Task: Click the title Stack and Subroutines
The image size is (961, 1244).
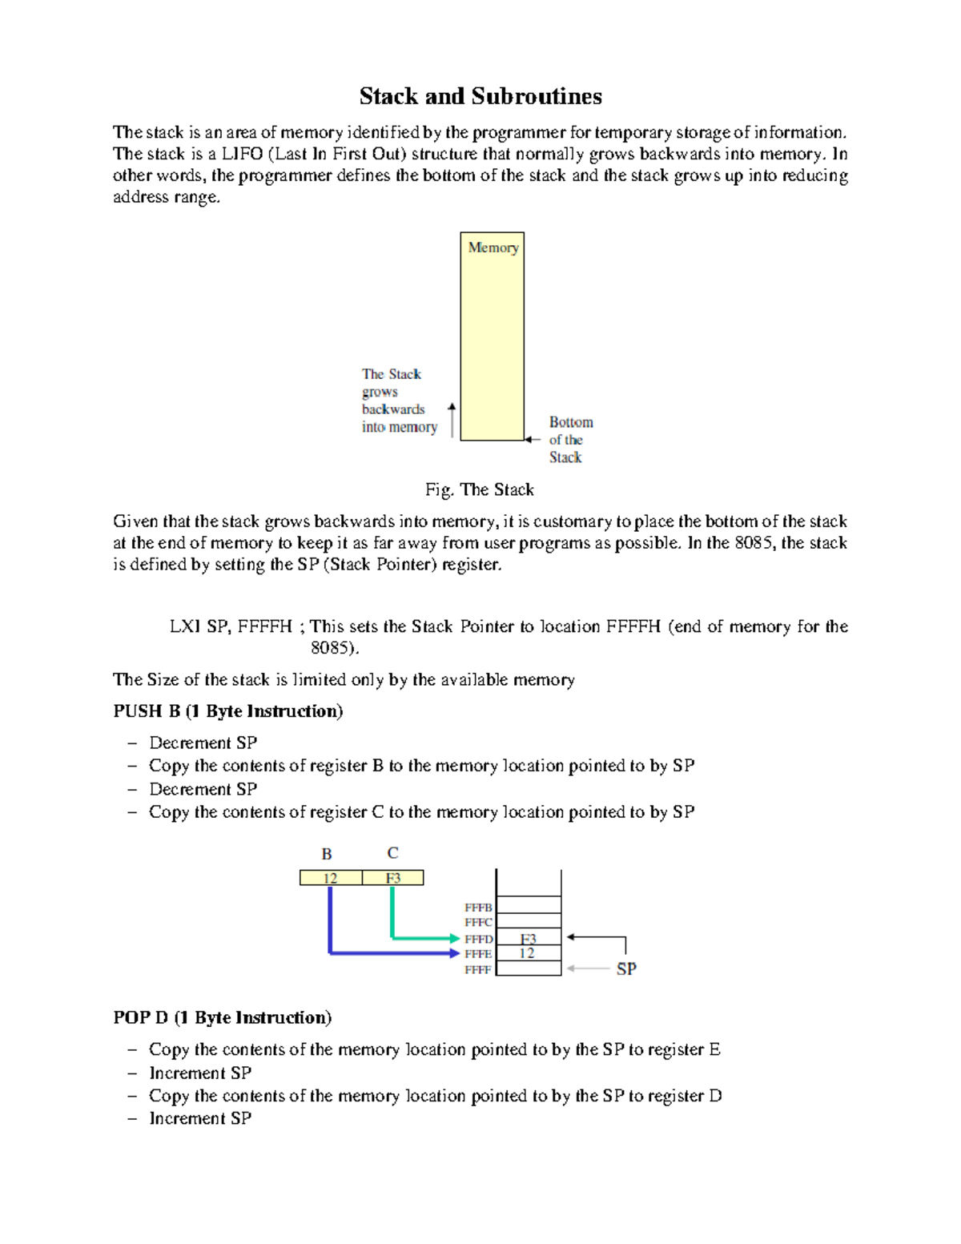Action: click(x=480, y=96)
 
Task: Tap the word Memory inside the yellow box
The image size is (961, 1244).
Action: click(x=493, y=248)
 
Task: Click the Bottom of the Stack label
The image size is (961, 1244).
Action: click(x=570, y=440)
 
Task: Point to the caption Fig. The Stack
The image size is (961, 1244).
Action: click(x=480, y=489)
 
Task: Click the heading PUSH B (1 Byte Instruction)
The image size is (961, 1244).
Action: click(x=228, y=711)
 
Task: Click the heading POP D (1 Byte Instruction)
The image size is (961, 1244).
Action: click(x=223, y=1017)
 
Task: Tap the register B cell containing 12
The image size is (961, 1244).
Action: click(x=331, y=878)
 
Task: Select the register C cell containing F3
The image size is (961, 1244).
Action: click(x=392, y=878)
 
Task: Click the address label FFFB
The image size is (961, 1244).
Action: click(x=478, y=908)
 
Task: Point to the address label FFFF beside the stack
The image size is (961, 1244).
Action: click(x=478, y=969)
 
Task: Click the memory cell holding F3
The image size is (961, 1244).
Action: click(x=529, y=939)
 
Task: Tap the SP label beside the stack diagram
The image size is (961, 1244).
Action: click(x=626, y=969)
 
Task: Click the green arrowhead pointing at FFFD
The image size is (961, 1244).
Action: click(x=456, y=938)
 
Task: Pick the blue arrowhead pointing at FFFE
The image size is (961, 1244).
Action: click(x=456, y=953)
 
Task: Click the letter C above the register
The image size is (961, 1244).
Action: click(x=392, y=853)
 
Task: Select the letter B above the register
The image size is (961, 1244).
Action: click(x=327, y=854)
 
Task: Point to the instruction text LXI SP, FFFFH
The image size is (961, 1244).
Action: click(x=231, y=626)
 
